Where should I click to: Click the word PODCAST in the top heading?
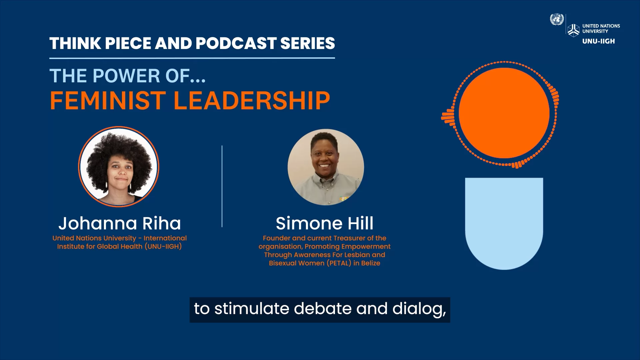click(x=236, y=43)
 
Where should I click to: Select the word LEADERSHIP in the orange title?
click(x=252, y=100)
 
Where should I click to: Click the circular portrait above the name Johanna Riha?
click(x=119, y=167)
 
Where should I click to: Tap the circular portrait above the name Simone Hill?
click(x=326, y=167)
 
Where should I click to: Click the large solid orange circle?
click(x=504, y=113)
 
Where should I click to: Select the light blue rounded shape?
click(x=504, y=223)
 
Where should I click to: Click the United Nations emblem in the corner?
click(x=557, y=19)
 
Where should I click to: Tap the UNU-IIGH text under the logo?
click(x=598, y=41)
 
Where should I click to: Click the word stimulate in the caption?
click(x=252, y=309)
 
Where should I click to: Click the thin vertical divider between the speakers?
click(x=222, y=186)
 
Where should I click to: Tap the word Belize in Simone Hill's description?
click(x=371, y=263)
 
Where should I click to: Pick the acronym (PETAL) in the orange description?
click(x=339, y=263)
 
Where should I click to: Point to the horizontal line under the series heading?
click(x=192, y=58)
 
